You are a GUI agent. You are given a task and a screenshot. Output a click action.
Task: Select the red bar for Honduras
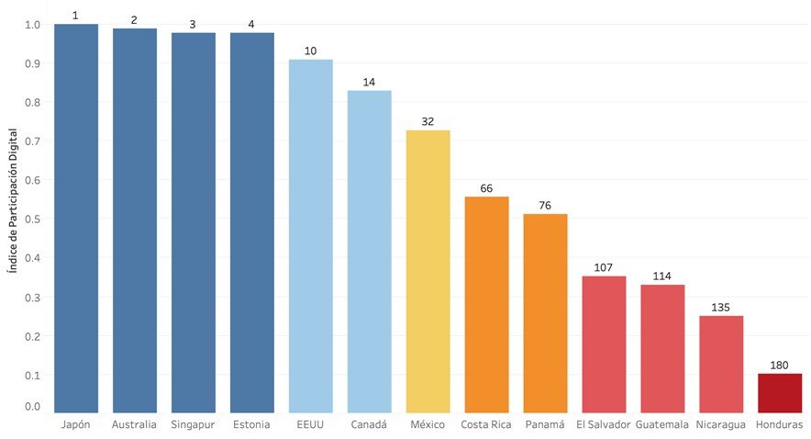pyautogui.click(x=780, y=393)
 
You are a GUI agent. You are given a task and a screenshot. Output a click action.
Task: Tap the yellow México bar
pyautogui.click(x=428, y=272)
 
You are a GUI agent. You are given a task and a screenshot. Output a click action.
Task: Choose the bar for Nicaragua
pyautogui.click(x=721, y=365)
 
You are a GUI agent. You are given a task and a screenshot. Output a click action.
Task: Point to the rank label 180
pyautogui.click(x=780, y=366)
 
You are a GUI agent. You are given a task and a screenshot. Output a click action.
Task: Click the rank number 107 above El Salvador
pyautogui.click(x=604, y=268)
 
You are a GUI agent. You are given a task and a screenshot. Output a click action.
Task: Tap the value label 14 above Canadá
pyautogui.click(x=369, y=83)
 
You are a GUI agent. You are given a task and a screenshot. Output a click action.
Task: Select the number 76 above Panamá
pyautogui.click(x=545, y=206)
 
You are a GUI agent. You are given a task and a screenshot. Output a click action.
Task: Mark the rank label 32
pyautogui.click(x=428, y=122)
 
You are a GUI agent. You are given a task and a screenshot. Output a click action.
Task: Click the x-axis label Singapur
pyautogui.click(x=193, y=425)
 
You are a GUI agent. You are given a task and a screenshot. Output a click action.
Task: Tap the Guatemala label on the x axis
pyautogui.click(x=662, y=425)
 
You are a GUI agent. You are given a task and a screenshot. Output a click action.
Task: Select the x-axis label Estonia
pyautogui.click(x=251, y=425)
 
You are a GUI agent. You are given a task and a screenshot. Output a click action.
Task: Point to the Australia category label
pyautogui.click(x=134, y=425)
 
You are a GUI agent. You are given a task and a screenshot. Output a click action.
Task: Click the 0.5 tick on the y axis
pyautogui.click(x=33, y=219)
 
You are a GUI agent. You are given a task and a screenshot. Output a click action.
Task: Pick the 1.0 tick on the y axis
pyautogui.click(x=33, y=25)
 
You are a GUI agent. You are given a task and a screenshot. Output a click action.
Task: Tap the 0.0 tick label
pyautogui.click(x=33, y=406)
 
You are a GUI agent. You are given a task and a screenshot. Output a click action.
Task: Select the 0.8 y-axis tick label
pyautogui.click(x=33, y=103)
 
